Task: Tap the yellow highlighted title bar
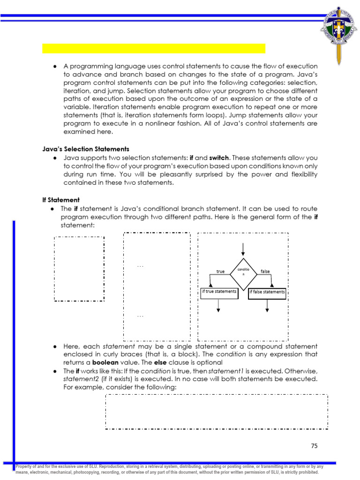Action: (154, 48)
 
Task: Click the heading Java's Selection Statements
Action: (86, 149)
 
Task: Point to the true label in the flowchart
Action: (221, 271)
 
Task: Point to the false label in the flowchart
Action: (265, 271)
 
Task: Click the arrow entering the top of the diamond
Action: (243, 249)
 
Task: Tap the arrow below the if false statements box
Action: (267, 306)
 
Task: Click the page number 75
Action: (314, 446)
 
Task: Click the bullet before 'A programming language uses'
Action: (55, 66)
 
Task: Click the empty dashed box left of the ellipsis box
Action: (79, 269)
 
